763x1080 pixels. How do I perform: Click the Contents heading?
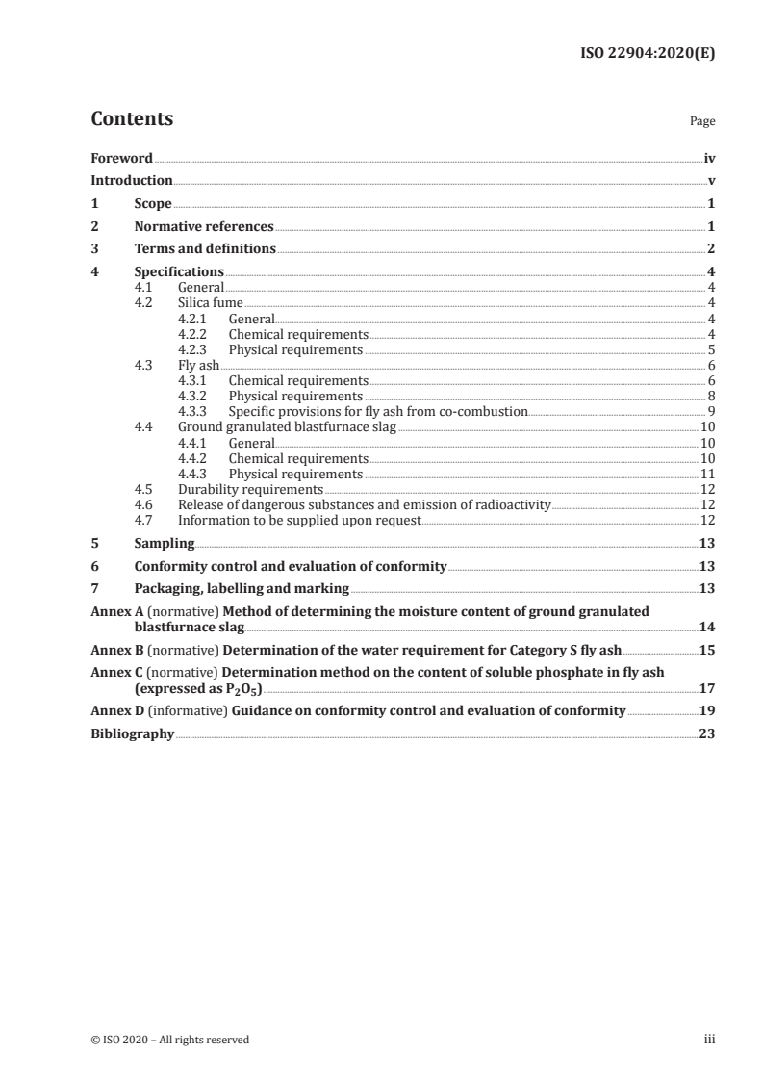pyautogui.click(x=132, y=119)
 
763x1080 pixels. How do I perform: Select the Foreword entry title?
pyautogui.click(x=121, y=158)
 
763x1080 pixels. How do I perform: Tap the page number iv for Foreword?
pyautogui.click(x=708, y=158)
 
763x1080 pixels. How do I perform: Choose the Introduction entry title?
pyautogui.click(x=132, y=181)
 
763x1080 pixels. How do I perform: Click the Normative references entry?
pyautogui.click(x=204, y=227)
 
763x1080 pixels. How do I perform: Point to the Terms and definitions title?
pyautogui.click(x=205, y=249)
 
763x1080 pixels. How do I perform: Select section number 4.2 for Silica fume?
pyautogui.click(x=144, y=302)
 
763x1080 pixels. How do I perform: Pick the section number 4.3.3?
pyautogui.click(x=195, y=411)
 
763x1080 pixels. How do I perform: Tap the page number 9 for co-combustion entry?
pyautogui.click(x=710, y=411)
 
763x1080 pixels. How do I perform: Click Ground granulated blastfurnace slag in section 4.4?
pyautogui.click(x=287, y=426)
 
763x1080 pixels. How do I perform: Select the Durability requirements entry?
pyautogui.click(x=250, y=489)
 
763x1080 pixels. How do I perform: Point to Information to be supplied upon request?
pyautogui.click(x=299, y=520)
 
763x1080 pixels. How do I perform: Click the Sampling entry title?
pyautogui.click(x=165, y=543)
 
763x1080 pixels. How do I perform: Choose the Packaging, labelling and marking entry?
pyautogui.click(x=242, y=588)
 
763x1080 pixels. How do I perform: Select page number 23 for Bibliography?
pyautogui.click(x=707, y=733)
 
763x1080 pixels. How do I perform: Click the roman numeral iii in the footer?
pyautogui.click(x=709, y=1040)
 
